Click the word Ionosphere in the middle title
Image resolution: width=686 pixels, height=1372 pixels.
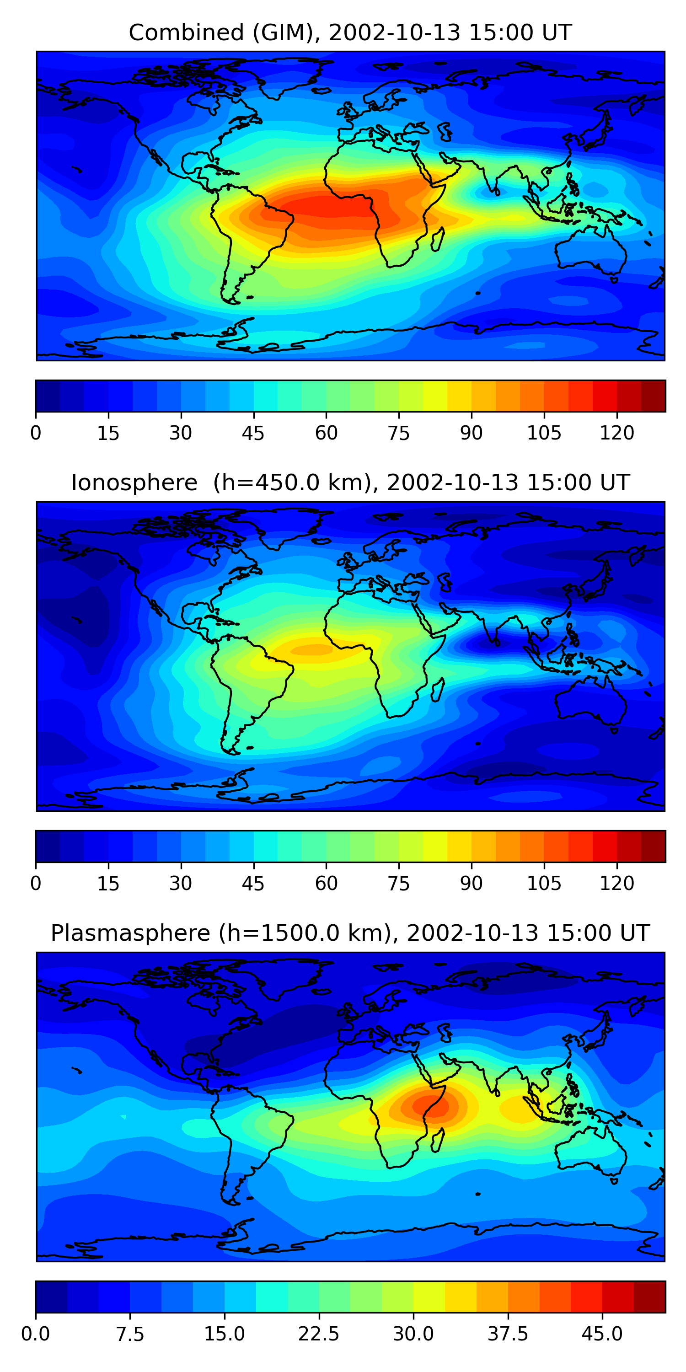click(134, 482)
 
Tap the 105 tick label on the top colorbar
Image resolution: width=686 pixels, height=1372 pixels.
click(544, 433)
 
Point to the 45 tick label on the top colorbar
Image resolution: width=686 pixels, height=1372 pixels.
click(253, 433)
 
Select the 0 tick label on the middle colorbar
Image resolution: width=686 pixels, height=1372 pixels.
click(36, 884)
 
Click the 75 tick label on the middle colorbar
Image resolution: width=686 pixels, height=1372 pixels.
click(398, 884)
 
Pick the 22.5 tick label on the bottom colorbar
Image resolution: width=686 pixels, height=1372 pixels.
click(318, 1334)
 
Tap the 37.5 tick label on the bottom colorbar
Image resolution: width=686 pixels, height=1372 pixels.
click(508, 1334)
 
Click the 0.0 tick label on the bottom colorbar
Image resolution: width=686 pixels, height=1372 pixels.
click(36, 1334)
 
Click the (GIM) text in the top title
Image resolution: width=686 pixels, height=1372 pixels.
click(284, 32)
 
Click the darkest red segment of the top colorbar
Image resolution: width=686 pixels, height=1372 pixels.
click(653, 396)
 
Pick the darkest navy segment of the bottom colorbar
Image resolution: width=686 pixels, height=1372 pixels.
click(51, 1297)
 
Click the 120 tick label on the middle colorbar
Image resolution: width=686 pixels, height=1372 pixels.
click(617, 884)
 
